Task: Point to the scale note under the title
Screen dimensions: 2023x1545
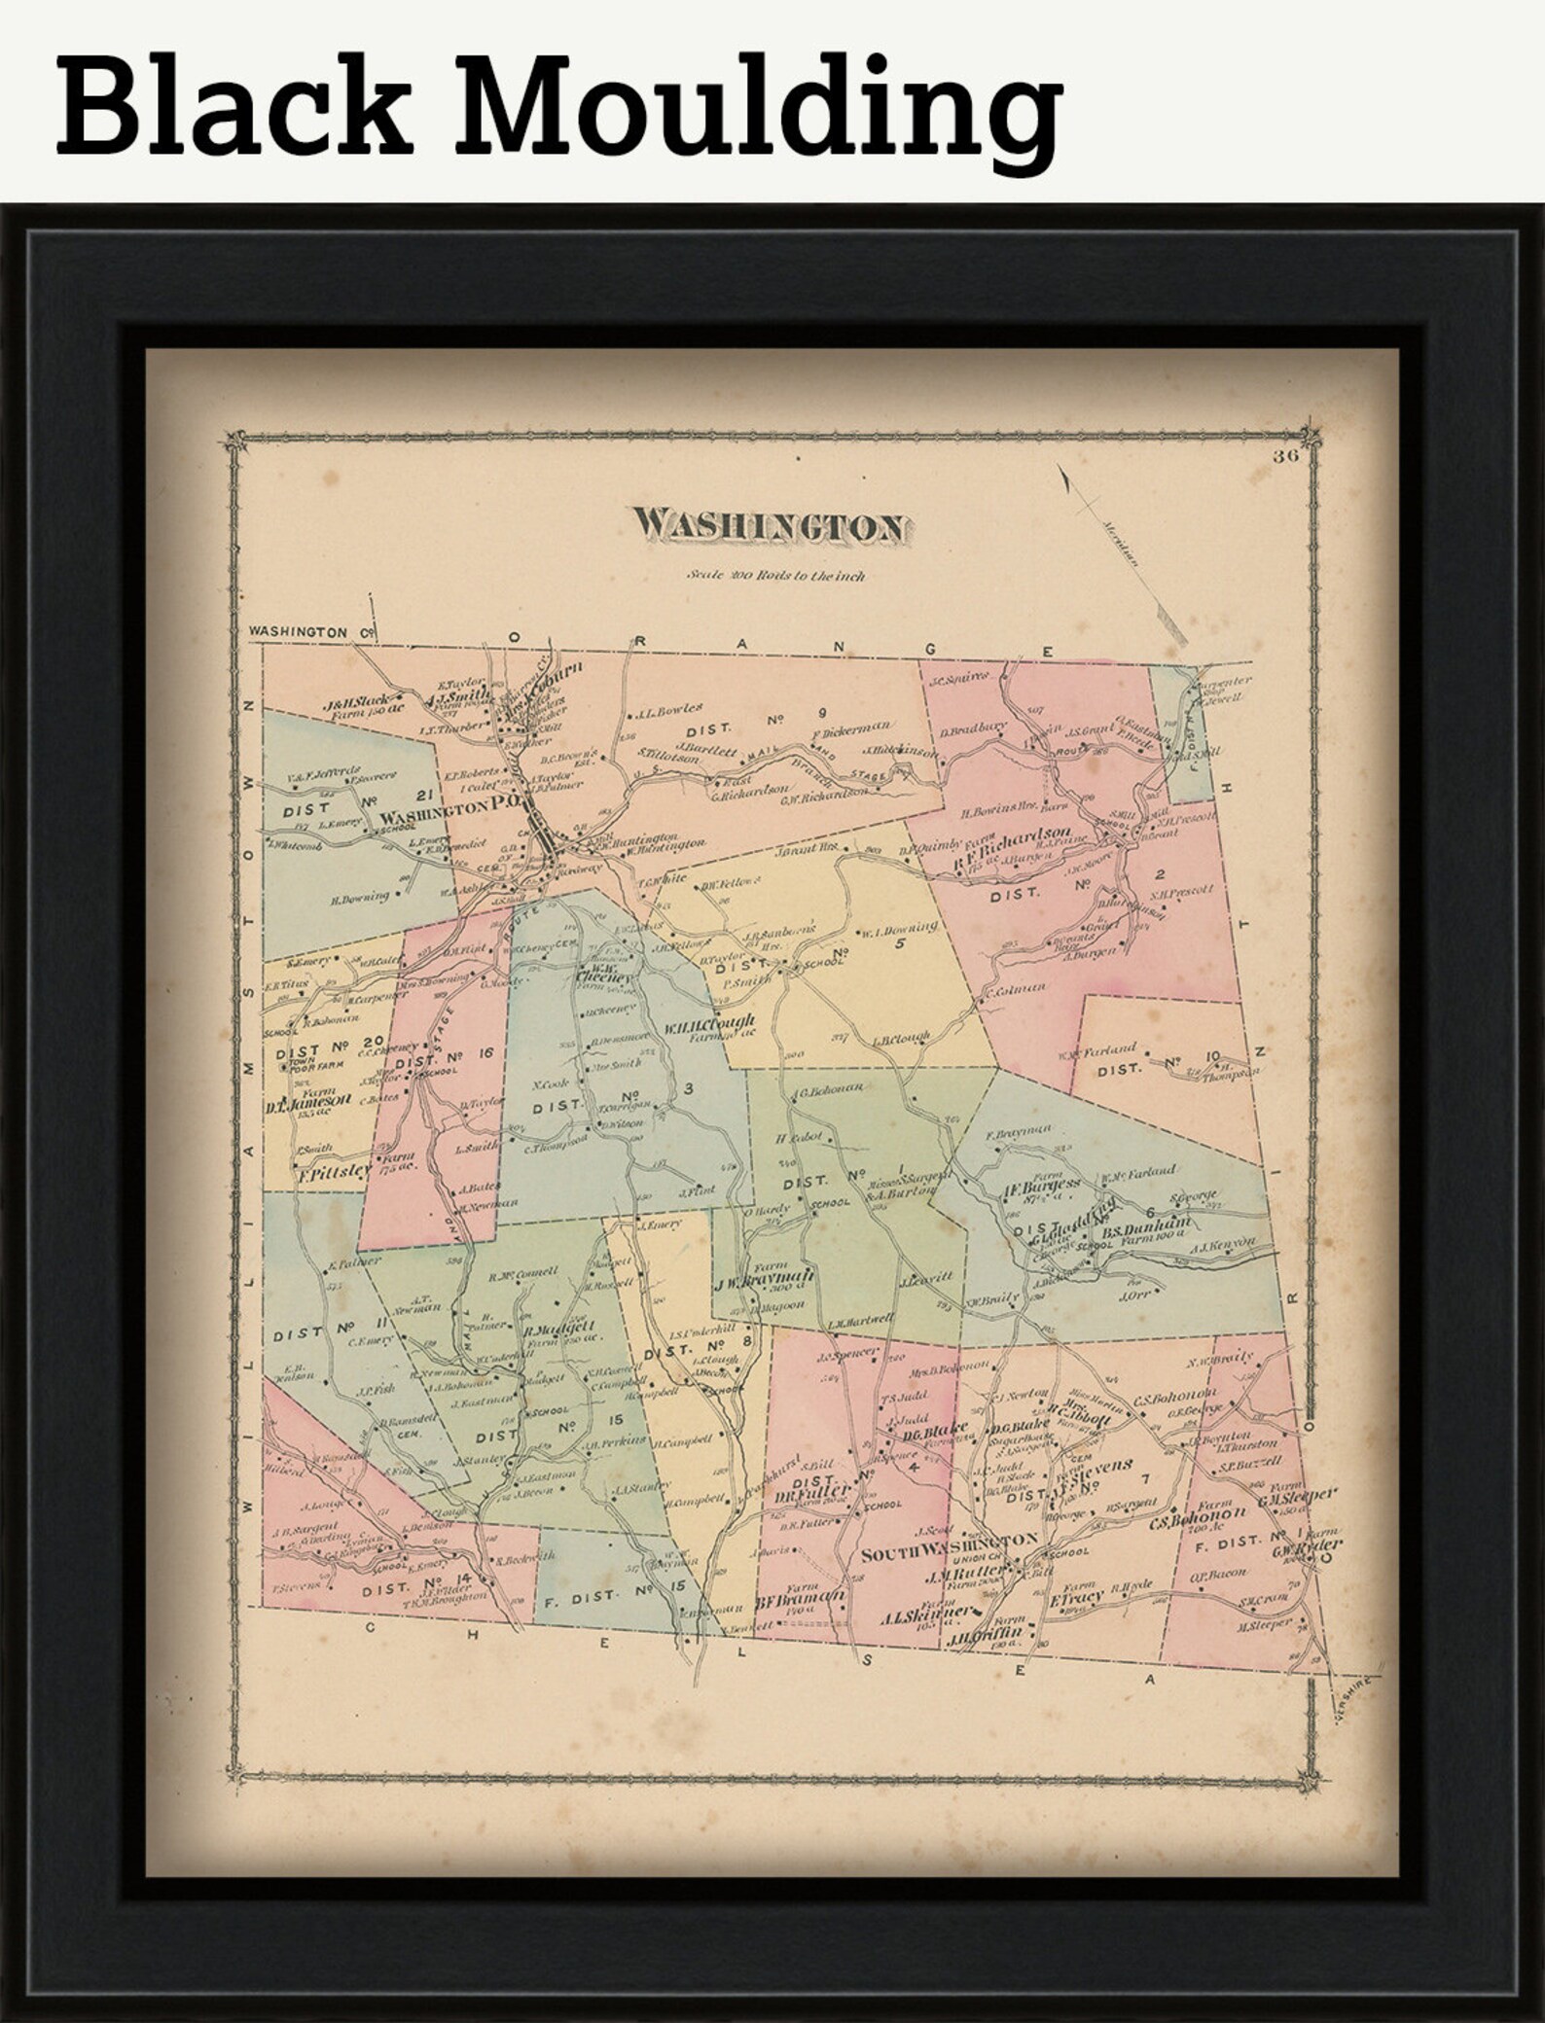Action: click(x=775, y=576)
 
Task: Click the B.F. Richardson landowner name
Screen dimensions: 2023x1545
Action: click(x=1011, y=837)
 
